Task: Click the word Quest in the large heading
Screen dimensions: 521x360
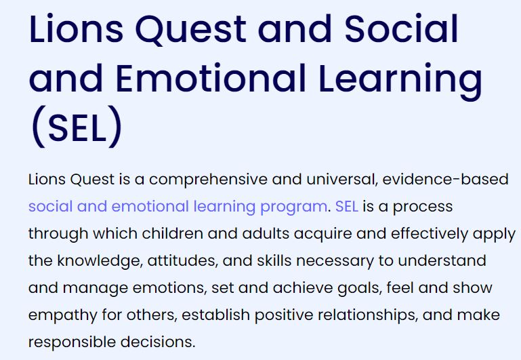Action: pyautogui.click(x=191, y=30)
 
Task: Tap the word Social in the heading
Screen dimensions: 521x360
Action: pyautogui.click(x=401, y=28)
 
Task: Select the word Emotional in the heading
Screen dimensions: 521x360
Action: pyautogui.click(x=211, y=78)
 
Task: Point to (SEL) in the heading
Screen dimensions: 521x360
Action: pyautogui.click(x=77, y=127)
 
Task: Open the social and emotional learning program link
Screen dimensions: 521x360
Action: pyautogui.click(x=178, y=207)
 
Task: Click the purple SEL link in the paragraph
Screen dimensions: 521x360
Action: pyautogui.click(x=347, y=206)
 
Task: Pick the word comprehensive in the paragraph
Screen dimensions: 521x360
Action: pyautogui.click(x=208, y=180)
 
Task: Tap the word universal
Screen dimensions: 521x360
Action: pyautogui.click(x=342, y=180)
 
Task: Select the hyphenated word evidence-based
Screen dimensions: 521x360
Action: pyautogui.click(x=445, y=180)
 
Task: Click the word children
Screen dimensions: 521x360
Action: pyautogui.click(x=173, y=233)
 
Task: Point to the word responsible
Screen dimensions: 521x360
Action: pyautogui.click(x=72, y=342)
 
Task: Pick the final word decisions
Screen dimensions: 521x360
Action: pyautogui.click(x=158, y=342)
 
